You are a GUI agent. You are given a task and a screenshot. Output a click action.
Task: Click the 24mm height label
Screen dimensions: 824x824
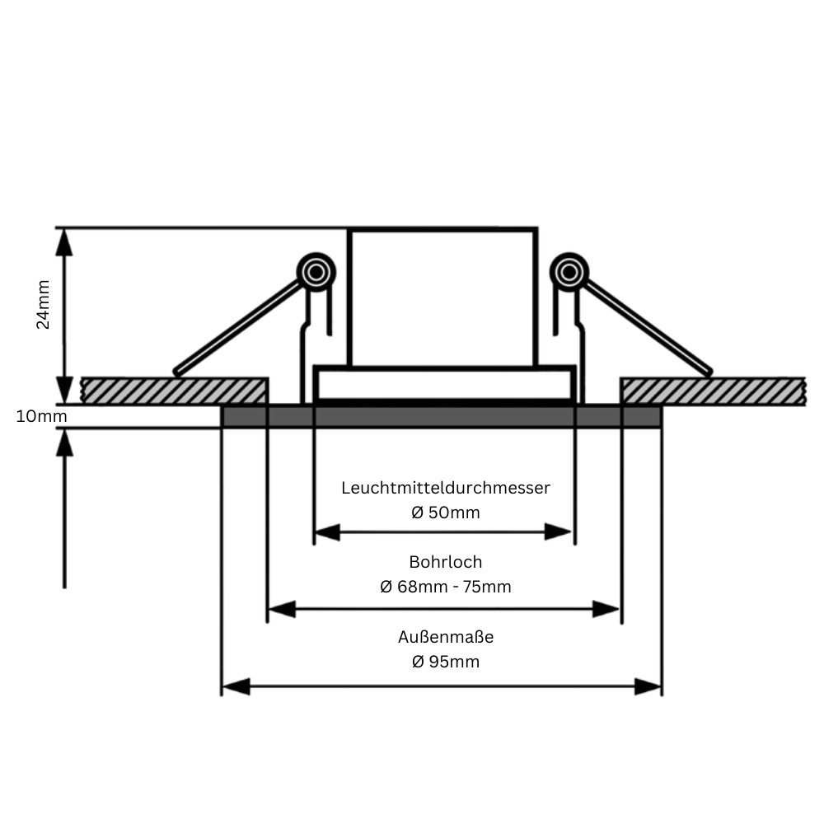[43, 304]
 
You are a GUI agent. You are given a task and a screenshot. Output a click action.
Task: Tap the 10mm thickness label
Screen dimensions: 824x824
[41, 416]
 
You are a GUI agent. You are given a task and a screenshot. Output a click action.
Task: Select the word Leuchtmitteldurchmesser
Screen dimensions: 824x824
[446, 488]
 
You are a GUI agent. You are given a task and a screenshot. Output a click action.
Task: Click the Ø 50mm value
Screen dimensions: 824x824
[446, 513]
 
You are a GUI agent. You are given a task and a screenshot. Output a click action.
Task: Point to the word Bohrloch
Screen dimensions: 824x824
[446, 562]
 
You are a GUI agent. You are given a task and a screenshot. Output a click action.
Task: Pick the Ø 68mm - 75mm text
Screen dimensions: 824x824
[446, 587]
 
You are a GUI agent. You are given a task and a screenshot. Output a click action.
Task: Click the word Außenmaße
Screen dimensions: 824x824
[446, 637]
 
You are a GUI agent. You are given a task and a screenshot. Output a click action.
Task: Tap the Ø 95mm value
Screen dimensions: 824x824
[446, 662]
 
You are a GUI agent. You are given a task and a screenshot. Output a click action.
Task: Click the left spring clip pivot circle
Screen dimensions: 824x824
[316, 272]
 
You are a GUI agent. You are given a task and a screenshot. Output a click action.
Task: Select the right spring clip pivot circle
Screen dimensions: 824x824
[569, 272]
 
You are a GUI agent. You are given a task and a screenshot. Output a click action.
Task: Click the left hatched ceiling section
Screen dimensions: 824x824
[174, 391]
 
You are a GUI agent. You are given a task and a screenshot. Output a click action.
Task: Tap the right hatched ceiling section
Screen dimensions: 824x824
[713, 391]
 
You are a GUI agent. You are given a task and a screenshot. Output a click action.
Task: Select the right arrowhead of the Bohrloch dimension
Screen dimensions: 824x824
[606, 609]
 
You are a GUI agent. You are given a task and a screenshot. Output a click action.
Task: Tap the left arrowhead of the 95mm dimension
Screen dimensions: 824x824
[236, 686]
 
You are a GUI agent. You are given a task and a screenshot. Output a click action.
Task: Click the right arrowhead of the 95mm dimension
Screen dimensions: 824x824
[648, 686]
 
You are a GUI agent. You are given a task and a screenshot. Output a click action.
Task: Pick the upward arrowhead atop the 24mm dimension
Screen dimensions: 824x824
[64, 242]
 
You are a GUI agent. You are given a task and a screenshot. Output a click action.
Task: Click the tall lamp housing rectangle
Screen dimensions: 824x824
[442, 297]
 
